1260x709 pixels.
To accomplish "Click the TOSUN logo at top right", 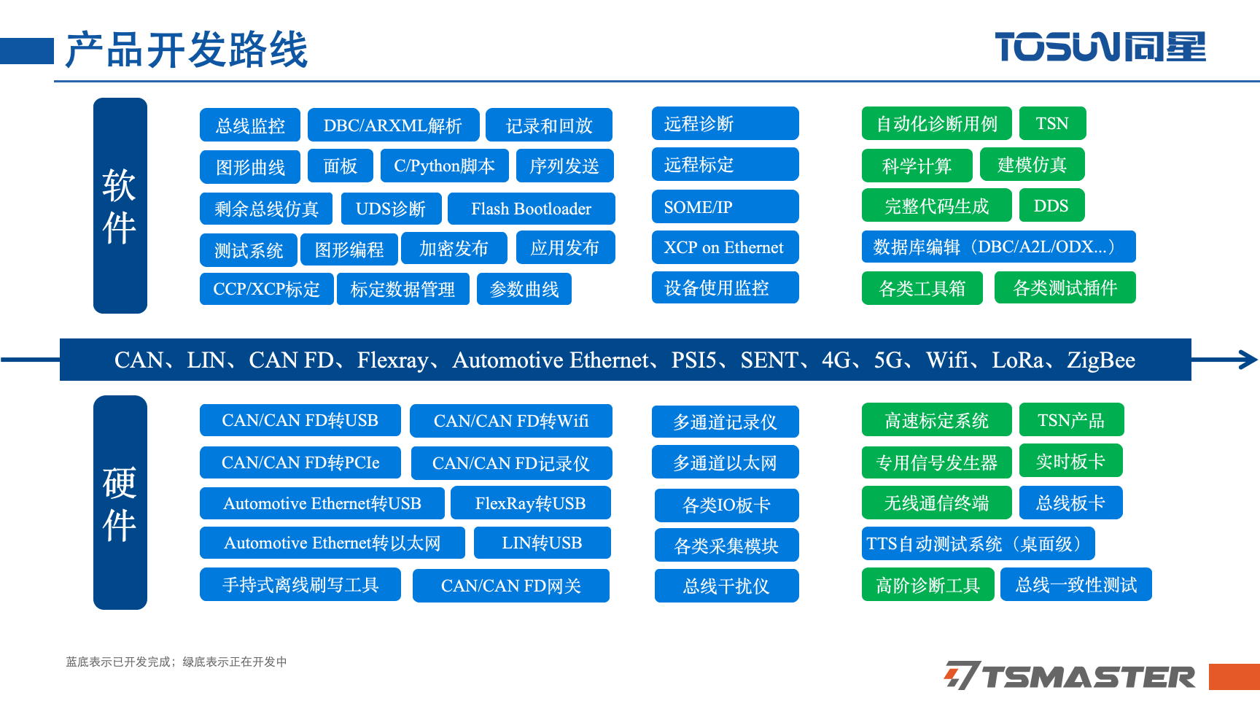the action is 1100,47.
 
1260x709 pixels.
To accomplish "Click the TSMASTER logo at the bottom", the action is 1070,675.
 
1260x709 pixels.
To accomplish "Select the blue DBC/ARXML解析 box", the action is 393,125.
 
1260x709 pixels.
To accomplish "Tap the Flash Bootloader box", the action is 531,209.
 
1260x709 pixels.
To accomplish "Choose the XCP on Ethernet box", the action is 725,247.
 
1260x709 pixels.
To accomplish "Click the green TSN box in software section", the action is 1052,123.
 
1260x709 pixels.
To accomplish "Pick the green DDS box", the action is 1051,206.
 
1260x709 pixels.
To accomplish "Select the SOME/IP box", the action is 725,207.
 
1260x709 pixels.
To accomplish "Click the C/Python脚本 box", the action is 444,166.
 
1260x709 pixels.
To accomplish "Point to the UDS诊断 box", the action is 390,209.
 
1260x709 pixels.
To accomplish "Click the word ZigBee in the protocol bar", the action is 1101,360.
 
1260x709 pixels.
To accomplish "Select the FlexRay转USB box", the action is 530,503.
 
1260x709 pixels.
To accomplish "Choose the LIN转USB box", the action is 542,543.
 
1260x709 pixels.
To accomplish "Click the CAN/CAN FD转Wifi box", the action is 510,421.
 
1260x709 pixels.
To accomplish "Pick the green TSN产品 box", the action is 1071,419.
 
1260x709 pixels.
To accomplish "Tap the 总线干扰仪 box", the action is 726,586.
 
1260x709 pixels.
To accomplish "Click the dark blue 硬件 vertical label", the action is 120,503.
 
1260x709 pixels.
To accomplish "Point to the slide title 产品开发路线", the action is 187,50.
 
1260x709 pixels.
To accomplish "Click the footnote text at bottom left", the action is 176,662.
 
